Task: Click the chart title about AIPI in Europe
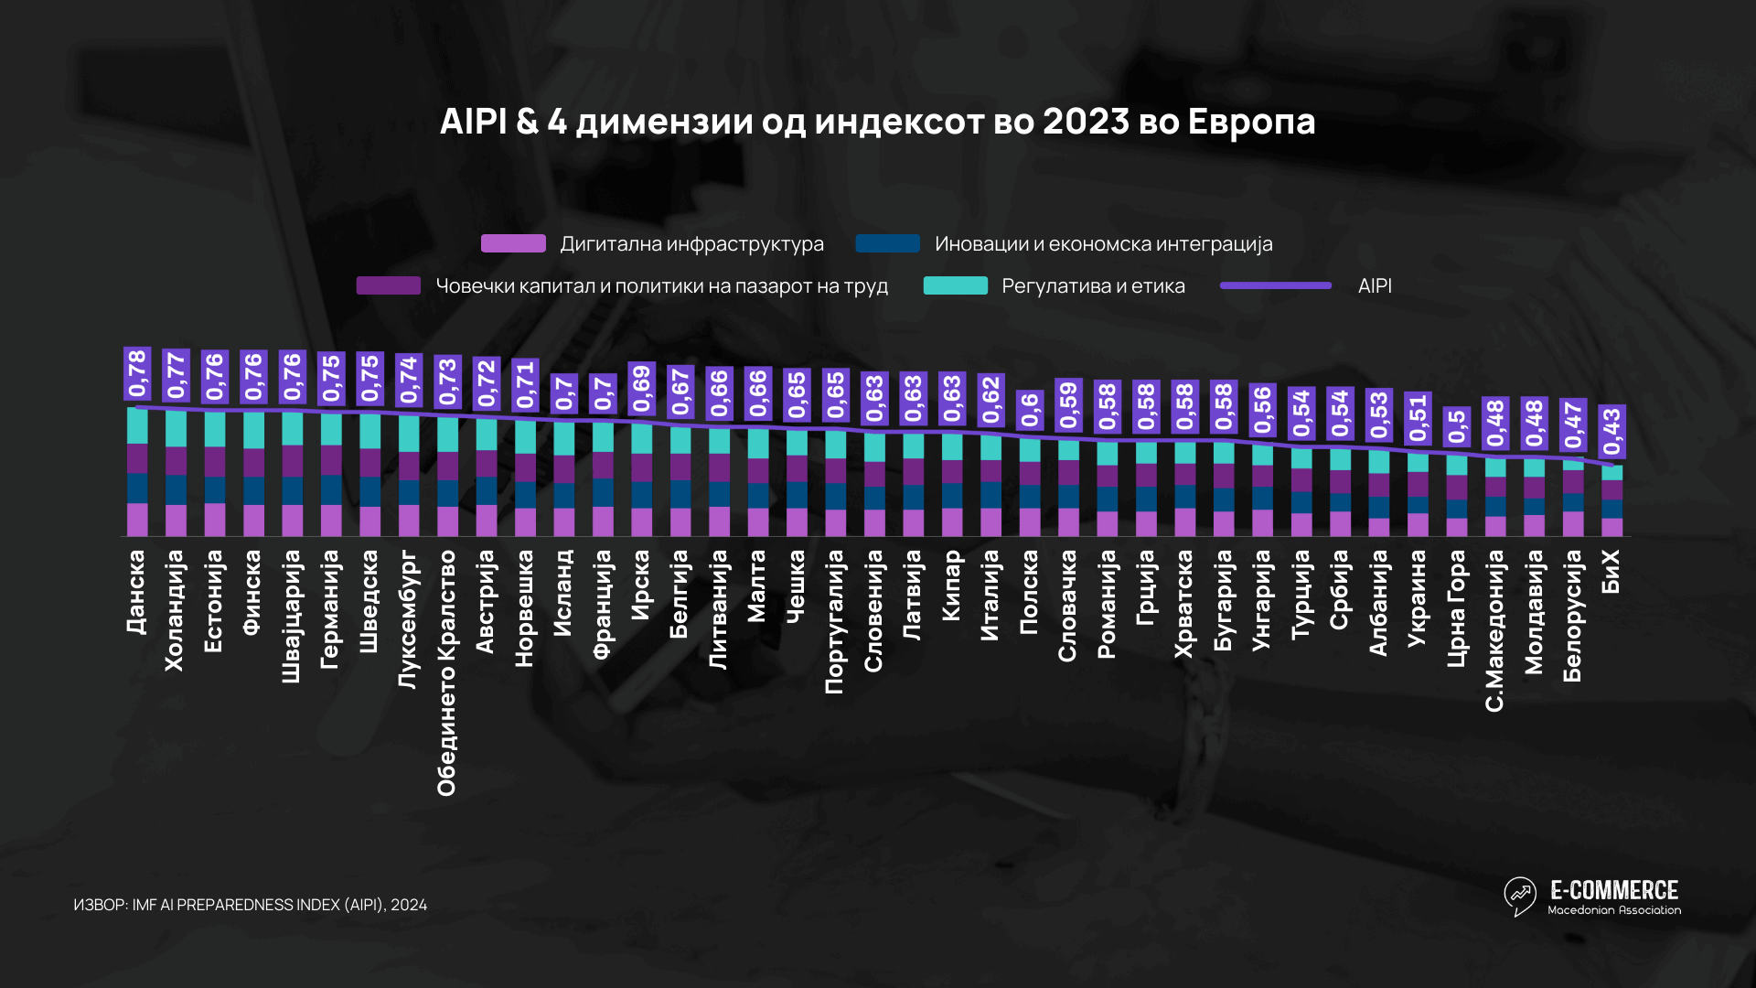[x=877, y=122]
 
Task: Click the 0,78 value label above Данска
[x=137, y=373]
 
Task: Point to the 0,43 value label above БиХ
[x=1611, y=431]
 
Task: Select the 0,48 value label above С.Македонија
[x=1495, y=423]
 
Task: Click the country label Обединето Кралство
[x=446, y=672]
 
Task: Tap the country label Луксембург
[x=408, y=618]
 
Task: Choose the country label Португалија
[x=834, y=621]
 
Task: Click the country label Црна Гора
[x=1456, y=607]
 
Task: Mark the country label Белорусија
[x=1572, y=615]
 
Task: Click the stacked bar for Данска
[x=137, y=472]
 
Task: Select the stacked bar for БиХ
[x=1611, y=500]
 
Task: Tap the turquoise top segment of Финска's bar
[x=253, y=430]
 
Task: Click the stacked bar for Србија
[x=1340, y=492]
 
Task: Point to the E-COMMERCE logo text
[x=1613, y=890]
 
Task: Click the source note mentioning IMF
[x=250, y=905]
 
